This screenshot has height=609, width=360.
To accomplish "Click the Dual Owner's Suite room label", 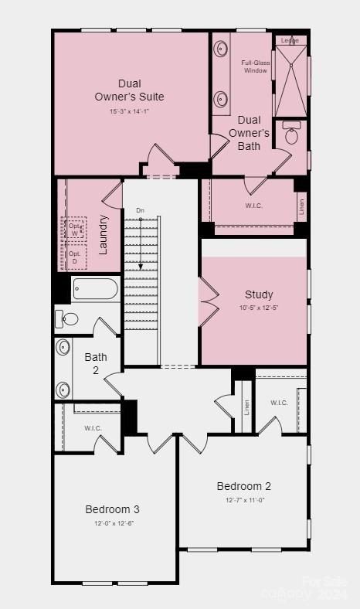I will (x=130, y=90).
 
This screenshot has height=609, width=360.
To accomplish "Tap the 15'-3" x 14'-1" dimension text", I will (x=130, y=111).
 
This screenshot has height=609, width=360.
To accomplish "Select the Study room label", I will (x=259, y=294).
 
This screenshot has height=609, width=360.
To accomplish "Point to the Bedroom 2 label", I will (x=243, y=486).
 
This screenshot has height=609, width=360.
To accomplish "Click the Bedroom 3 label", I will (x=112, y=509).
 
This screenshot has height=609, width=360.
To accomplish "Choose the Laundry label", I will (x=103, y=234).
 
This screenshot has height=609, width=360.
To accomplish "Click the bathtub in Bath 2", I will (x=95, y=290).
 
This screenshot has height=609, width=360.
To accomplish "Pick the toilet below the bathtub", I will (x=70, y=318).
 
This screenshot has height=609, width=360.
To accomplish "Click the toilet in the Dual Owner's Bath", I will (x=292, y=136).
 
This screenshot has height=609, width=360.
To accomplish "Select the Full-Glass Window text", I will (x=254, y=66).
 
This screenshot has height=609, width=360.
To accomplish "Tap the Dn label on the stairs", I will (x=140, y=210).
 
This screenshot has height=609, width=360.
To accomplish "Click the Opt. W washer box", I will (x=74, y=228).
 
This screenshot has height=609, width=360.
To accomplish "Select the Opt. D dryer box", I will (x=74, y=258).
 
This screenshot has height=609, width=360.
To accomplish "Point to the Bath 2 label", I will (x=96, y=363).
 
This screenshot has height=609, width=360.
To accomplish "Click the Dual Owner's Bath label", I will (x=249, y=132).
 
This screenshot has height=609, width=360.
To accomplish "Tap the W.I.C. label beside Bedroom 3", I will (x=93, y=428).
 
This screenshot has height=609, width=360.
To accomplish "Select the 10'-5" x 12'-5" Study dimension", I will (x=259, y=308).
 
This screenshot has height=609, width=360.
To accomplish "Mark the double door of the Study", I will (x=208, y=299).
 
